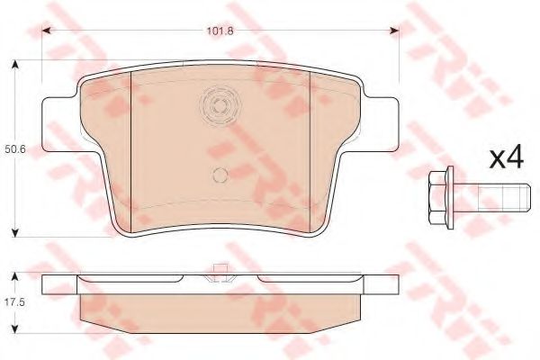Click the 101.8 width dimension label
click(x=220, y=31)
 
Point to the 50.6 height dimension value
click(x=13, y=150)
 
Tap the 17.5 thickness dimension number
click(x=13, y=302)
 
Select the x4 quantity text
click(x=506, y=157)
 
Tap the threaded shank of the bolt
click(x=491, y=198)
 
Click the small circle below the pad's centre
click(x=220, y=175)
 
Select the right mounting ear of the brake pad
click(x=381, y=124)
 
